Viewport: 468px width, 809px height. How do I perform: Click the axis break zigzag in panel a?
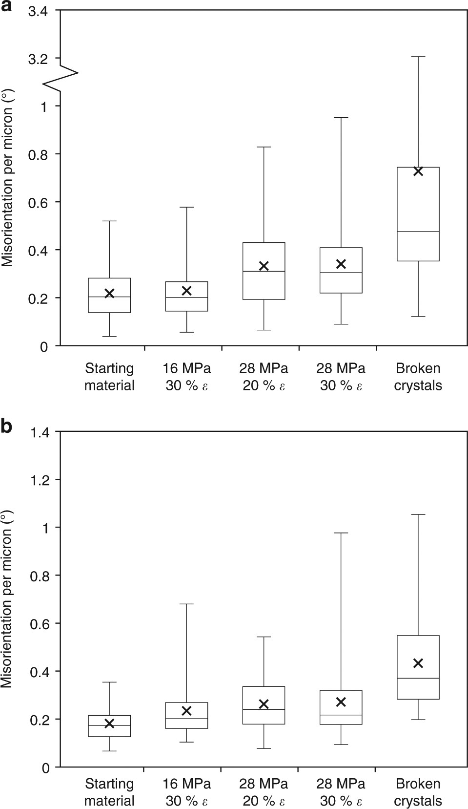pos(61,74)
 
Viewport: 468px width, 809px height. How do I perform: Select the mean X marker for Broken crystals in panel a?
pos(418,171)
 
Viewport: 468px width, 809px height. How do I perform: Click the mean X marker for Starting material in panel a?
pos(109,293)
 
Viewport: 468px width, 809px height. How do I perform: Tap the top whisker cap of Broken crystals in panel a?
pos(418,57)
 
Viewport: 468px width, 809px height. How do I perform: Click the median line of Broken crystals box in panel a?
pos(418,232)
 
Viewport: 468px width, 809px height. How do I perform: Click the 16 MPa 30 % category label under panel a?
pos(186,377)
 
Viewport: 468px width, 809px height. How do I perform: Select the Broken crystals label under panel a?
pos(418,377)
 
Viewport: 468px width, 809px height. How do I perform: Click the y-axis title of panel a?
pos(8,178)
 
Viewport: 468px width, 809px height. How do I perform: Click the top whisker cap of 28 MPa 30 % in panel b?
pos(341,533)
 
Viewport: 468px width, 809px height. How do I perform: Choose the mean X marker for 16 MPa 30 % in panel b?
pos(186,710)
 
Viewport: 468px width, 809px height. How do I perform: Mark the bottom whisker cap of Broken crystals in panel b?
pos(418,720)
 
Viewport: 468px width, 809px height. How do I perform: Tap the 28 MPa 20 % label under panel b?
pos(264,792)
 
